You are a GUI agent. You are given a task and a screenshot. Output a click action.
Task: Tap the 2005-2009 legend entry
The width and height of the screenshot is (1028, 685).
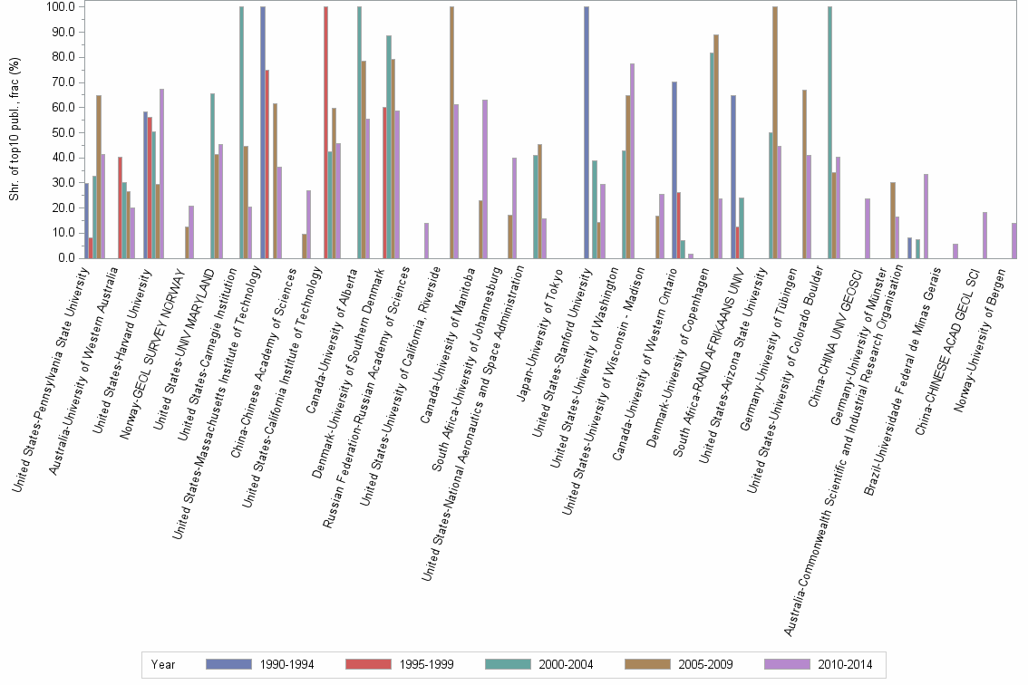click(x=681, y=664)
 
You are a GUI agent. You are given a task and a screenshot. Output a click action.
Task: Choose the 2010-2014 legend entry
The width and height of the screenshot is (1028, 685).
click(x=820, y=664)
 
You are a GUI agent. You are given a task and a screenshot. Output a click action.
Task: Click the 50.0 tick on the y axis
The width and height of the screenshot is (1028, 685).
click(x=63, y=132)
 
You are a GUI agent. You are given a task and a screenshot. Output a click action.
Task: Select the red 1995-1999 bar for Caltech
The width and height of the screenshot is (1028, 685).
click(x=325, y=132)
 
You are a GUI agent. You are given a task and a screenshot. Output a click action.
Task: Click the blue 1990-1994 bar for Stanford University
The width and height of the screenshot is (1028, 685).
click(x=587, y=132)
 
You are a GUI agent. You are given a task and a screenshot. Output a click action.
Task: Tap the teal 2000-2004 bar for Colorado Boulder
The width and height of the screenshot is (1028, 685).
click(x=829, y=132)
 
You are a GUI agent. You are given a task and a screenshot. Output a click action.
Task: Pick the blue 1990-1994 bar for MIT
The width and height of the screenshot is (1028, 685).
click(x=263, y=132)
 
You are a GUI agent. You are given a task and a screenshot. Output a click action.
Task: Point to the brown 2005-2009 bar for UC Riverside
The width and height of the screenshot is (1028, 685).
click(x=451, y=132)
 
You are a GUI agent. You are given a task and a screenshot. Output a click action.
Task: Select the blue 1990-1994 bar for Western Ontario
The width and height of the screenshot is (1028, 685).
click(x=674, y=170)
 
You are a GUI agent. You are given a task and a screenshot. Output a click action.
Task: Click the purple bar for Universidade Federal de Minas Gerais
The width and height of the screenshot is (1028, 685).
click(x=955, y=251)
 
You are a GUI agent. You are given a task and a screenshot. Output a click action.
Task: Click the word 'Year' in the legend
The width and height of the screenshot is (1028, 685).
click(x=163, y=664)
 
